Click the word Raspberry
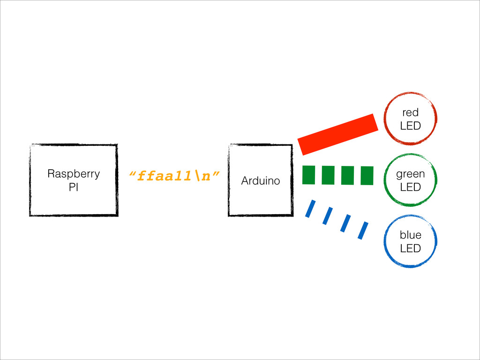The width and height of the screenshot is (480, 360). (74, 174)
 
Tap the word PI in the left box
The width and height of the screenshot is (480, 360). (74, 187)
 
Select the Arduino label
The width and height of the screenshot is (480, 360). (261, 180)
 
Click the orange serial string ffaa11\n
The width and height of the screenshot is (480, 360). (174, 176)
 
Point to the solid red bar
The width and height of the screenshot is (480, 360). (338, 135)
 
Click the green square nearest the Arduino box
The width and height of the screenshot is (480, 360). (308, 175)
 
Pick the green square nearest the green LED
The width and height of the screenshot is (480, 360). (367, 176)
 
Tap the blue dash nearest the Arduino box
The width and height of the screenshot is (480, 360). (310, 209)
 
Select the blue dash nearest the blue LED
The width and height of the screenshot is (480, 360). (363, 231)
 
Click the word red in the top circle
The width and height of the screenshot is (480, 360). (411, 112)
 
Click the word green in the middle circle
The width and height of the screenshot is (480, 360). (411, 174)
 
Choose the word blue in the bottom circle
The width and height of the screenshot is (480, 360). (411, 235)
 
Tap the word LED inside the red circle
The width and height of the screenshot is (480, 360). (411, 126)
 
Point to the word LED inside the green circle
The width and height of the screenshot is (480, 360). (411, 187)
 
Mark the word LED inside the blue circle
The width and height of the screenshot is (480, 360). (411, 248)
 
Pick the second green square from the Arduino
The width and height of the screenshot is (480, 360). (328, 175)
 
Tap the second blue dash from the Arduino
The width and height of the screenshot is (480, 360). (328, 216)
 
